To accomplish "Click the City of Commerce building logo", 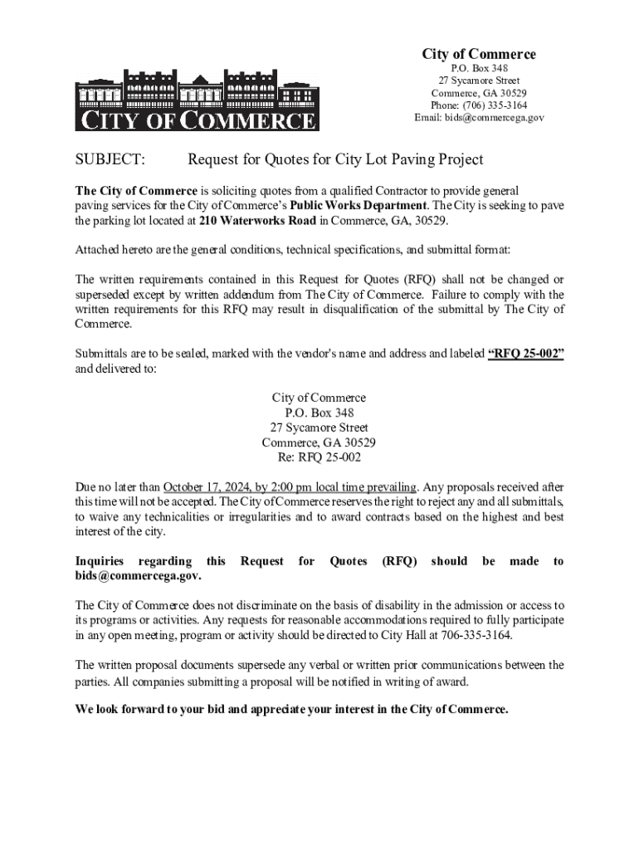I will point(197,100).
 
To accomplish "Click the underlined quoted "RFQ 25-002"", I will point(526,354).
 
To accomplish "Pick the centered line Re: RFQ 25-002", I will point(319,457).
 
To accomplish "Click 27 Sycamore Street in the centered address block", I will point(319,427).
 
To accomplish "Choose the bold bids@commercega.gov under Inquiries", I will point(138,576).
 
